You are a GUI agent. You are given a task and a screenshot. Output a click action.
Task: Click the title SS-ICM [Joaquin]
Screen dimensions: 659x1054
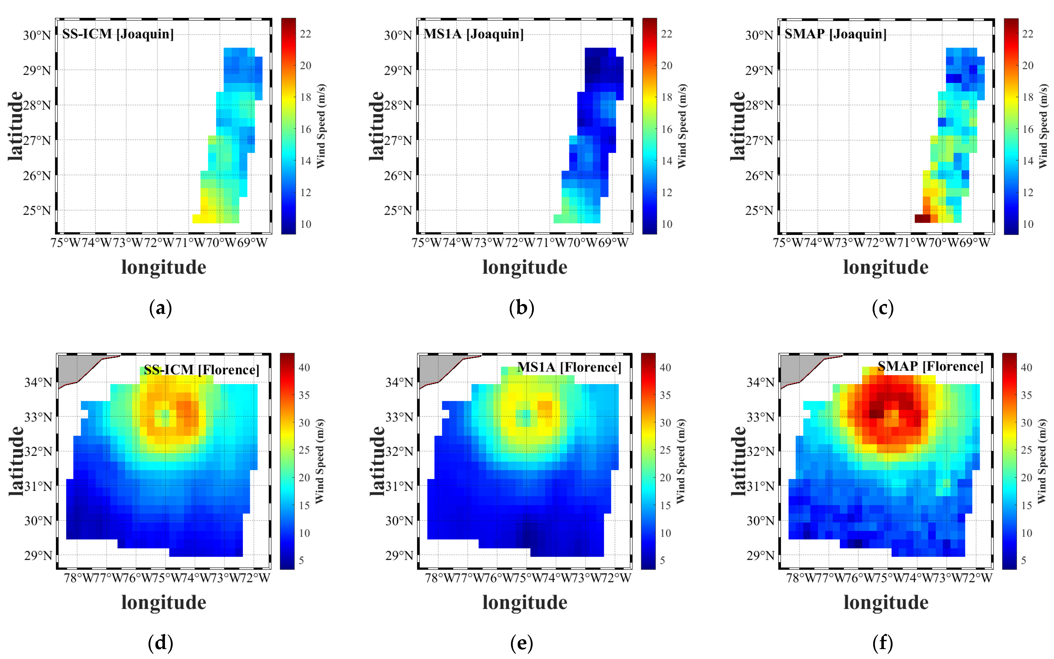(118, 34)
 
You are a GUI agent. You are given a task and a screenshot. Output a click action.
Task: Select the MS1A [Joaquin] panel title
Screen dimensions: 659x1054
(473, 34)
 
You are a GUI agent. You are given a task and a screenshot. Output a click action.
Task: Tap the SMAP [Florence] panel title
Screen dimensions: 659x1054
(930, 366)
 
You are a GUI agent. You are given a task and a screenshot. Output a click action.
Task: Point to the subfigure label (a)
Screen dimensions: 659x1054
(160, 309)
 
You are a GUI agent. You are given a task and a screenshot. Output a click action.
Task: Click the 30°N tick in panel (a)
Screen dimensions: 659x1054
(37, 35)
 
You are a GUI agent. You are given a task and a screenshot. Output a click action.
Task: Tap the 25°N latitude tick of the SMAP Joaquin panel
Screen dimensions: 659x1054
(759, 211)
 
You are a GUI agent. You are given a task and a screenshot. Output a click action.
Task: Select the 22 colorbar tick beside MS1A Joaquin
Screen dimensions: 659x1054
(666, 34)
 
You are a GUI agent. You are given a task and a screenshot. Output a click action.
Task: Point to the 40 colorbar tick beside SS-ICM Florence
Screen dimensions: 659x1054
(304, 367)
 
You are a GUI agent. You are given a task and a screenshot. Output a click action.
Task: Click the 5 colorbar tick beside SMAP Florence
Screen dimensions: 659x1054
(1023, 560)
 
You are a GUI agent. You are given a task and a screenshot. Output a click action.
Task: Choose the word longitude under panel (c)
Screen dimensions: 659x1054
(886, 267)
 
